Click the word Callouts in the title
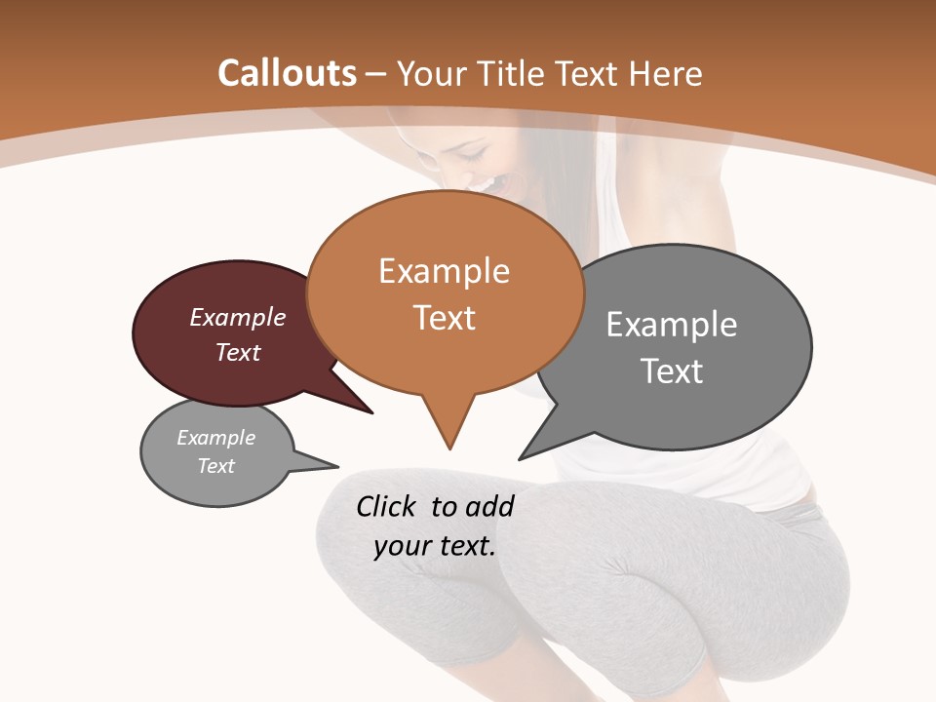click(x=288, y=73)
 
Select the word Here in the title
click(x=664, y=73)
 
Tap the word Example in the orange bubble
click(x=444, y=271)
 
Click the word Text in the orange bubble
click(x=444, y=317)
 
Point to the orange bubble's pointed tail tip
click(x=449, y=448)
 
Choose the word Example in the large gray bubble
click(x=672, y=325)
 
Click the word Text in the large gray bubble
click(x=672, y=370)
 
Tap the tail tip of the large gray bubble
click(x=520, y=458)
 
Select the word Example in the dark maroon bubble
click(x=238, y=317)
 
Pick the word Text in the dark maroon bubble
click(x=238, y=352)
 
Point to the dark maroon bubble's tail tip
click(x=372, y=413)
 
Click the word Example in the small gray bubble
click(x=216, y=438)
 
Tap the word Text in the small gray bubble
click(x=216, y=466)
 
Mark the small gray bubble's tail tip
click(x=337, y=465)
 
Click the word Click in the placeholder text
click(x=386, y=506)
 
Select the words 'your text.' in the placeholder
click(x=435, y=546)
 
